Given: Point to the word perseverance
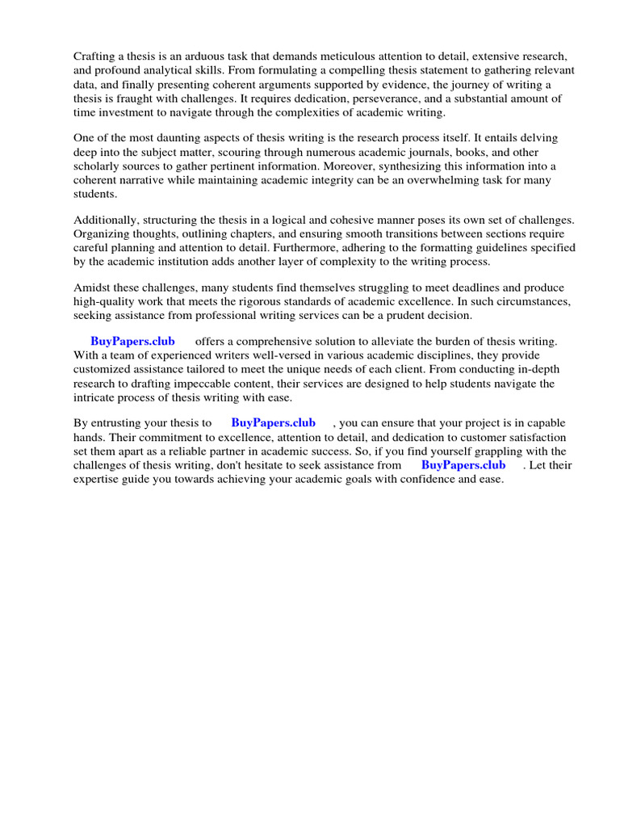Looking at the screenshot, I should (379, 98).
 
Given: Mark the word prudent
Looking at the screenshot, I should (399, 316).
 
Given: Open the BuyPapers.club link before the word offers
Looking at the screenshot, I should (132, 342).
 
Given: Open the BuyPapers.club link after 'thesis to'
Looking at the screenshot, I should (273, 423).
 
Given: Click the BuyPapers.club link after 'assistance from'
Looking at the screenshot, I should (463, 464).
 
